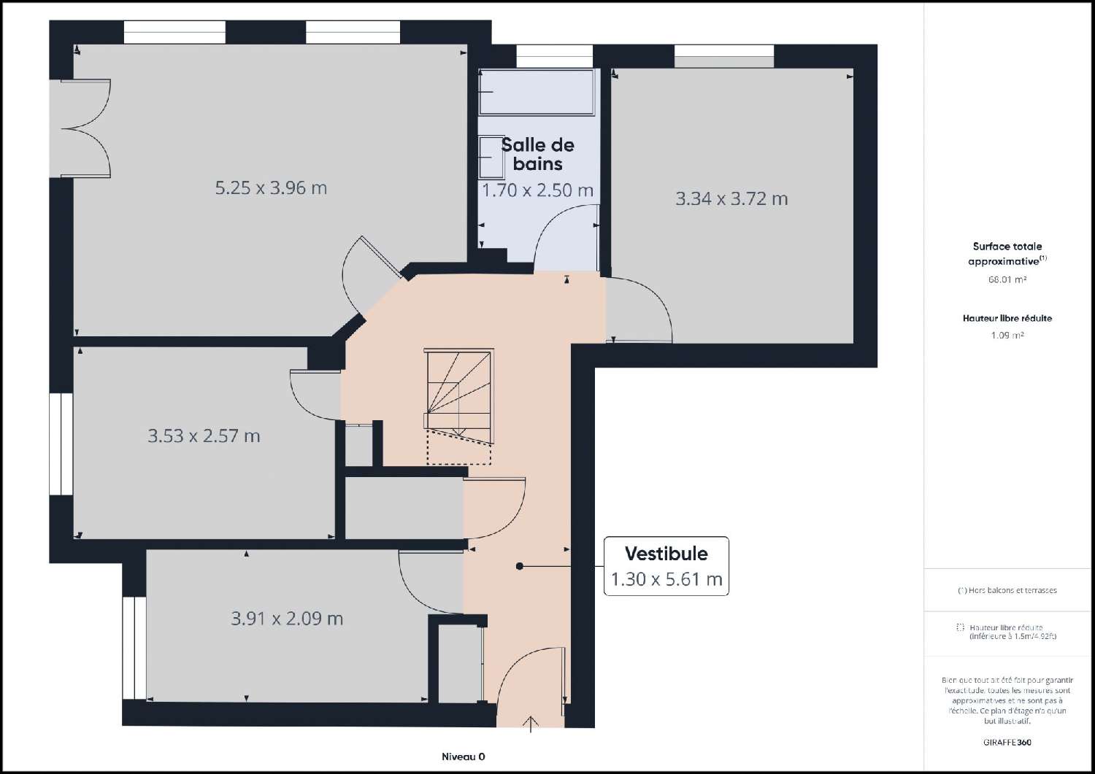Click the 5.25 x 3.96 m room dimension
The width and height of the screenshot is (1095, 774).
coord(271,188)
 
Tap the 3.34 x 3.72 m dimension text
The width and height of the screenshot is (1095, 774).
coord(731,199)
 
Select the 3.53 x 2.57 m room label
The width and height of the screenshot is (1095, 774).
coord(204,436)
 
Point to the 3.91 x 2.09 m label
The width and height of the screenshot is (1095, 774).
coord(287,619)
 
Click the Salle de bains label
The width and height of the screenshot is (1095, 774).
coord(538,154)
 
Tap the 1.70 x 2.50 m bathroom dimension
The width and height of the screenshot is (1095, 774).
coord(538,191)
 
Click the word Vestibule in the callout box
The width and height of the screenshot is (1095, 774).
coord(666,553)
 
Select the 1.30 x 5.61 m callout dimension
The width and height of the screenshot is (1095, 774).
coord(666,579)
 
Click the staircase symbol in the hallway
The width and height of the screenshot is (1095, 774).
coord(458,398)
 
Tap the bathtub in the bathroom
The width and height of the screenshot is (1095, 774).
coord(537,92)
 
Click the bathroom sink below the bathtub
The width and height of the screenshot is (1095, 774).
coord(491,158)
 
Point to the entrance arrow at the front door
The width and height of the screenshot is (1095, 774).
coord(531,723)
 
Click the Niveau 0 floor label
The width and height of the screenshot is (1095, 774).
coord(463,756)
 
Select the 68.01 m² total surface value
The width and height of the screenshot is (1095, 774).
coord(1007,279)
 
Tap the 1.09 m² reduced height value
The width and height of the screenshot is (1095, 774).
coord(1007,336)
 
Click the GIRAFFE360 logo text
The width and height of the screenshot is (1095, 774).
coord(1007,743)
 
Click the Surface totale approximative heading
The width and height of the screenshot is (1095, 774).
coord(1007,254)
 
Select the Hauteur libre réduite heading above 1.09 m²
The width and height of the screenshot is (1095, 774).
coord(1007,318)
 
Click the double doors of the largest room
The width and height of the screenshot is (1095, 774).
coord(86,128)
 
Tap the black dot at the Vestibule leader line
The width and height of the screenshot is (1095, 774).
coord(519,566)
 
